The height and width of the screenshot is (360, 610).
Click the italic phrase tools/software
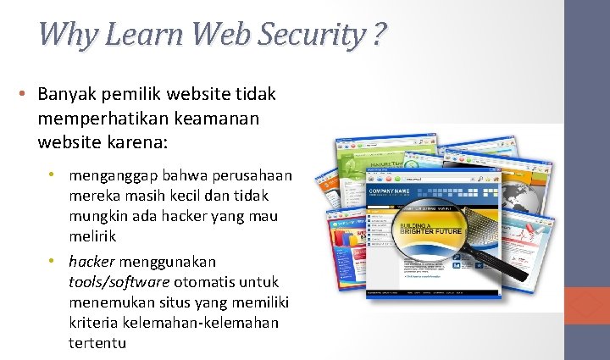[x=119, y=281]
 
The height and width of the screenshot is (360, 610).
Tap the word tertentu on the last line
[x=97, y=343]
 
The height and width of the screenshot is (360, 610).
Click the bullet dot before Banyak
[x=28, y=93]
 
